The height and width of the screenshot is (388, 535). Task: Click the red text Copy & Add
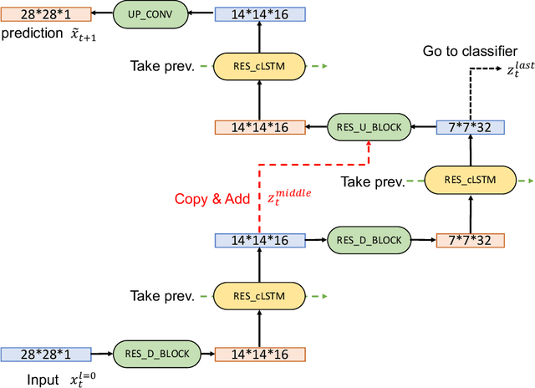[213, 199]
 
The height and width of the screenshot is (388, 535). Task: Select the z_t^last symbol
[512, 71]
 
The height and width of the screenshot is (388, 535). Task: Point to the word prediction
[31, 34]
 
